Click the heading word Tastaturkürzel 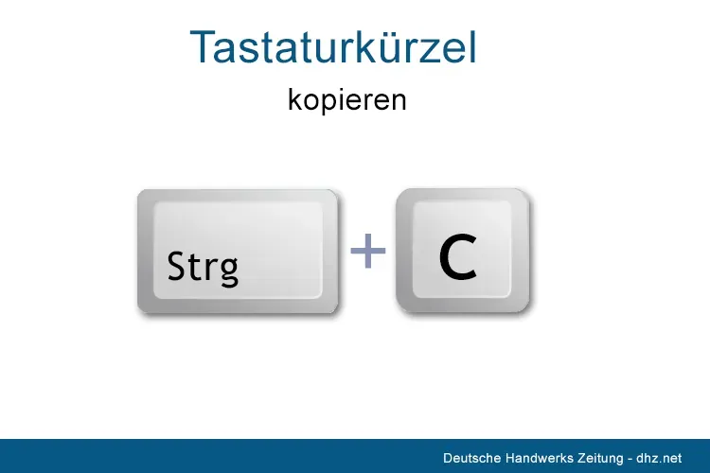(x=333, y=47)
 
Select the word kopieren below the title (x=347, y=99)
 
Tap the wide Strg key (x=238, y=252)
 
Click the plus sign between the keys (x=368, y=252)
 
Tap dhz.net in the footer (x=661, y=457)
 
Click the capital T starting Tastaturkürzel (x=203, y=47)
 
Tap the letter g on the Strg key (x=227, y=272)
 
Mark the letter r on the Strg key (x=206, y=270)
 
